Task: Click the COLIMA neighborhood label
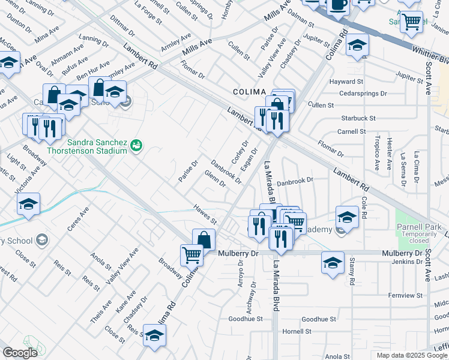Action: (x=249, y=91)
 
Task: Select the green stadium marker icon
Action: (x=137, y=144)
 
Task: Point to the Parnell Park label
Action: (x=418, y=227)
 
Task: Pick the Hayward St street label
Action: (x=346, y=81)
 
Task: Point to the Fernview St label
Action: (x=402, y=295)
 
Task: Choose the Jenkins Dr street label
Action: (x=406, y=262)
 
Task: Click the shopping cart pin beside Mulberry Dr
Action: (x=191, y=255)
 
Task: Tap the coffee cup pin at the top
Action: (x=338, y=5)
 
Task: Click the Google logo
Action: (x=20, y=353)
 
